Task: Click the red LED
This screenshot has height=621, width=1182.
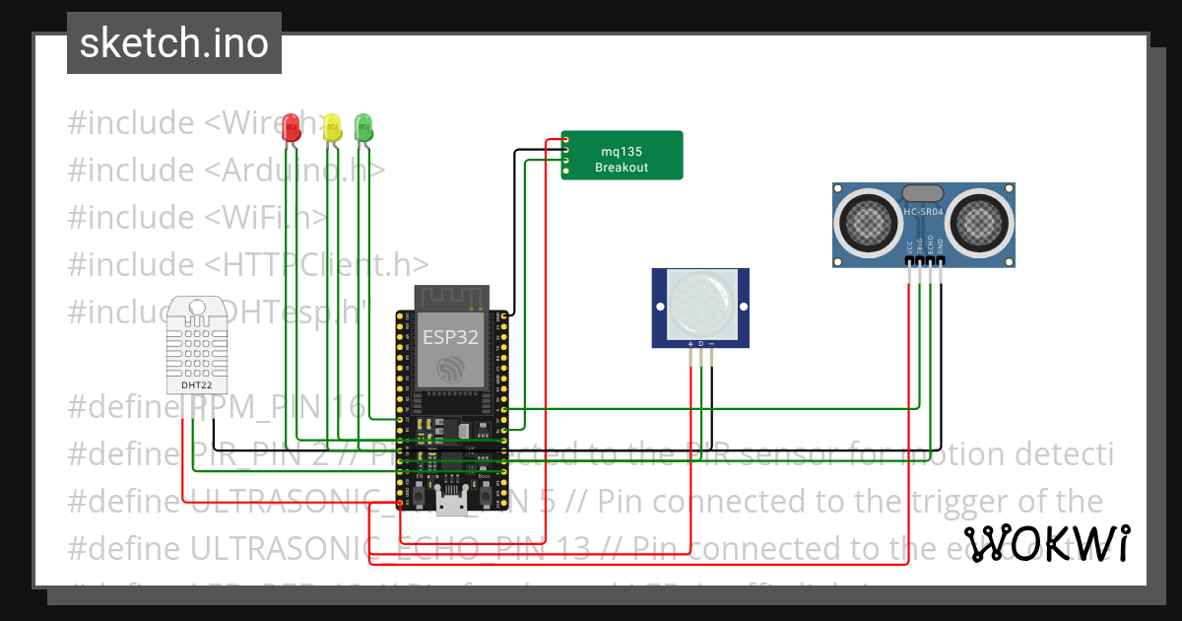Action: pos(291,127)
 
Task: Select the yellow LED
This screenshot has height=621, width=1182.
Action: pos(332,126)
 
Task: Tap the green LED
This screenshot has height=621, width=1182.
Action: pos(363,125)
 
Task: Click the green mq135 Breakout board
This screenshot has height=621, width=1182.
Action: pos(623,156)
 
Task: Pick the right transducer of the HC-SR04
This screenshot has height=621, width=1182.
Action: pos(979,224)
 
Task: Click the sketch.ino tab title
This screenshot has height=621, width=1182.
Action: pos(174,43)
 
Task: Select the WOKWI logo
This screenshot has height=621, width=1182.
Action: pos(1046,543)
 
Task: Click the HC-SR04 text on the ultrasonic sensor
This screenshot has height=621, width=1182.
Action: pos(923,212)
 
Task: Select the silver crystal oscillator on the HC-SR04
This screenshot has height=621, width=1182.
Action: pos(923,194)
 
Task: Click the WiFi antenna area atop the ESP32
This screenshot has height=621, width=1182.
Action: pos(451,297)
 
